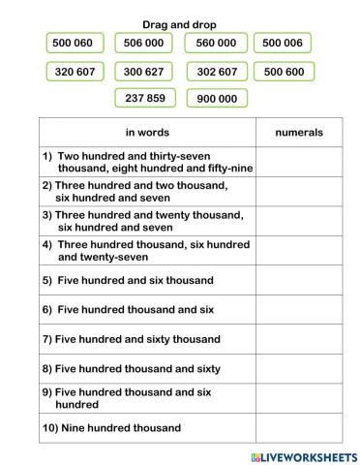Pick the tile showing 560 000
(x=216, y=43)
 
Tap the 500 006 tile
(x=283, y=43)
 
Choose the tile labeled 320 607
(x=75, y=72)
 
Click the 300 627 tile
(x=144, y=72)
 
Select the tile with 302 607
(x=216, y=72)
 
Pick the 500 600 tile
(x=283, y=72)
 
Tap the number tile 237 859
(x=144, y=98)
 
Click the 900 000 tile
(x=216, y=98)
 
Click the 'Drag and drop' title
(x=179, y=23)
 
